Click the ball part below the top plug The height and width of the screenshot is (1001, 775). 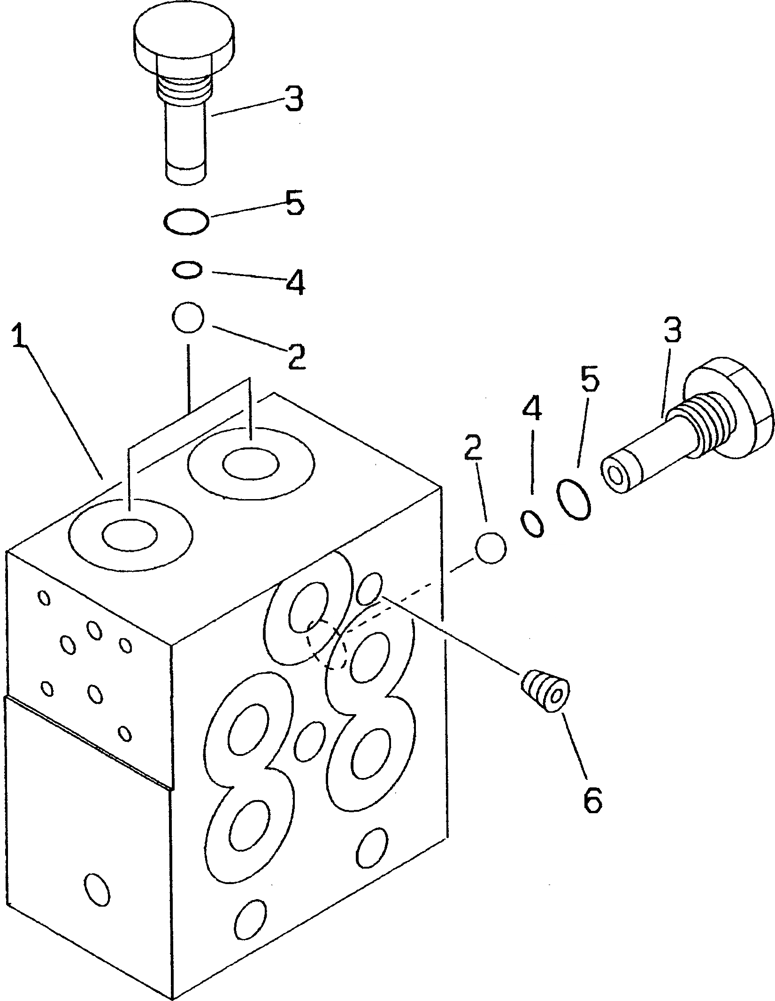pyautogui.click(x=188, y=317)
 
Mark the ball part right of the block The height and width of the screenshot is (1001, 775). pyautogui.click(x=491, y=547)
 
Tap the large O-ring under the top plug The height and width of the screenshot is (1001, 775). pyautogui.click(x=186, y=221)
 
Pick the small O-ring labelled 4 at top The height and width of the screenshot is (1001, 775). pyautogui.click(x=188, y=270)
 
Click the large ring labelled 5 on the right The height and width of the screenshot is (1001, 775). pyautogui.click(x=573, y=500)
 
